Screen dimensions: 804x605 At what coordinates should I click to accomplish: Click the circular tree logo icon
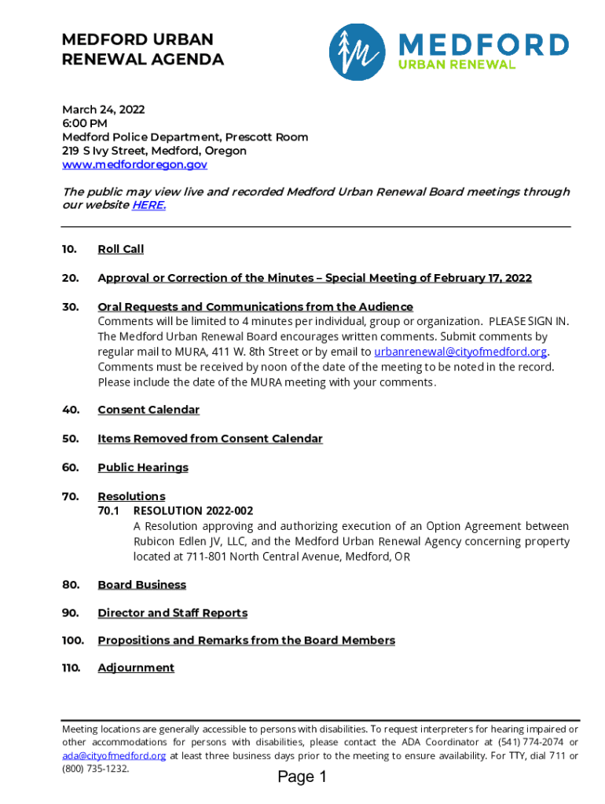click(357, 52)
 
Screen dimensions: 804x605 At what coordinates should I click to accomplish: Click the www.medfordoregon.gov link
click(134, 165)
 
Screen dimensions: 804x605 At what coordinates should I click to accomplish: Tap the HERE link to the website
click(148, 205)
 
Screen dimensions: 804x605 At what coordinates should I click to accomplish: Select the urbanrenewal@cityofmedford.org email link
click(460, 352)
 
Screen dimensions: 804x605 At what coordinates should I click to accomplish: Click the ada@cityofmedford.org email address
click(114, 755)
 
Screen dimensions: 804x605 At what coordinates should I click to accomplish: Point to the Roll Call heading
click(120, 249)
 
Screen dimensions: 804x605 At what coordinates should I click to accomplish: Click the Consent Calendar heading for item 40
click(148, 410)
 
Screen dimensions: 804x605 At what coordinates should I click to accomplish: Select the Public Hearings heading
click(143, 468)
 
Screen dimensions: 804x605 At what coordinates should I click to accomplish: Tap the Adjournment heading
click(136, 668)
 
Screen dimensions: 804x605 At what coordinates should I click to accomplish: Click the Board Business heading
click(141, 585)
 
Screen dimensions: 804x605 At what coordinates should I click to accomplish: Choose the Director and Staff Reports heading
click(172, 613)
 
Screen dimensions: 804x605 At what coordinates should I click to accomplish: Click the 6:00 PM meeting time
click(85, 123)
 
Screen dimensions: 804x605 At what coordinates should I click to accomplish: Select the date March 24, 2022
click(103, 110)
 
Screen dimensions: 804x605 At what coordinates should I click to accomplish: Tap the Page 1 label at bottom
click(302, 777)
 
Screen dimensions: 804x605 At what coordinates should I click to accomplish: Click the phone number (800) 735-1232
click(95, 769)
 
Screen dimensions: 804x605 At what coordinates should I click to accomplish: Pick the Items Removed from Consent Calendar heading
click(210, 439)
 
